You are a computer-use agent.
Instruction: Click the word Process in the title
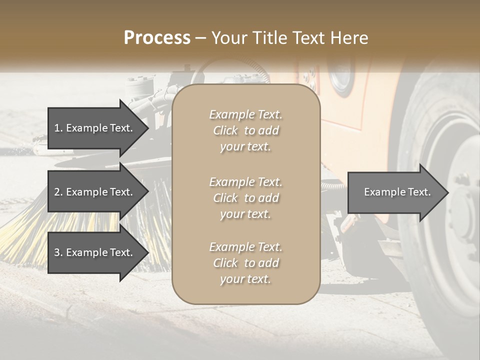pyautogui.click(x=157, y=38)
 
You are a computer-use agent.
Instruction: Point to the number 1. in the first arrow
pyautogui.click(x=58, y=128)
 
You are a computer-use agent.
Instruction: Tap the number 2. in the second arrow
pyautogui.click(x=58, y=192)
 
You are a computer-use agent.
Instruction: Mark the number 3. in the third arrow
pyautogui.click(x=58, y=252)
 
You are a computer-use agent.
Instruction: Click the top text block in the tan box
pyautogui.click(x=245, y=130)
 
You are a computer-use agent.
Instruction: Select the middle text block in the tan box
pyautogui.click(x=245, y=197)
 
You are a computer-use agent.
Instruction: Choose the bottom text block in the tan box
pyautogui.click(x=245, y=263)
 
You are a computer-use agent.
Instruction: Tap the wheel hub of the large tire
pyautogui.click(x=462, y=210)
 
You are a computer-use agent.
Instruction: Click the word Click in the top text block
pyautogui.click(x=225, y=130)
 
